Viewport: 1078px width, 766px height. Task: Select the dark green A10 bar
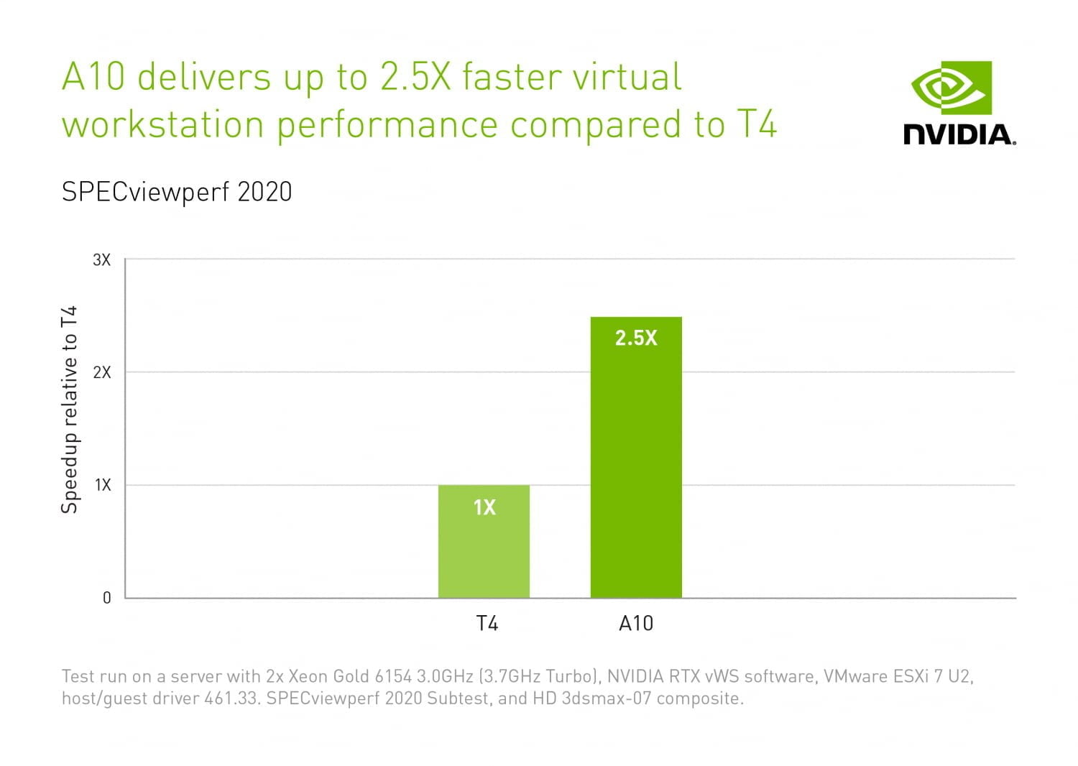636,460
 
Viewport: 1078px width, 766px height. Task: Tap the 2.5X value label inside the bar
636,338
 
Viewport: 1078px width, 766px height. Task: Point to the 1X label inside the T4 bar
484,507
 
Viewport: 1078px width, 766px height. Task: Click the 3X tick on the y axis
102,259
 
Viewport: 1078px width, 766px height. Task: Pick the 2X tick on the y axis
102,372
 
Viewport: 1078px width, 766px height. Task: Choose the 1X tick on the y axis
103,485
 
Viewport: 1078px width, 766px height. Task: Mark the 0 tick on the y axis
106,598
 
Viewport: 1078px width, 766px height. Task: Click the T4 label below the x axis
487,623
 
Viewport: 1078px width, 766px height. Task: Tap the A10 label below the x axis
636,623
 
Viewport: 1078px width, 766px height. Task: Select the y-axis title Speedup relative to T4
69,410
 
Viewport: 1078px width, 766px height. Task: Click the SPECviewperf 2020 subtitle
177,192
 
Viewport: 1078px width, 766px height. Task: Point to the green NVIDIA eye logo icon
951,88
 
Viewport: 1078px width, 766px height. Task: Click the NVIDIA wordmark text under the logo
959,134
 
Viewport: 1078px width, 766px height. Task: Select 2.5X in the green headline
415,77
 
